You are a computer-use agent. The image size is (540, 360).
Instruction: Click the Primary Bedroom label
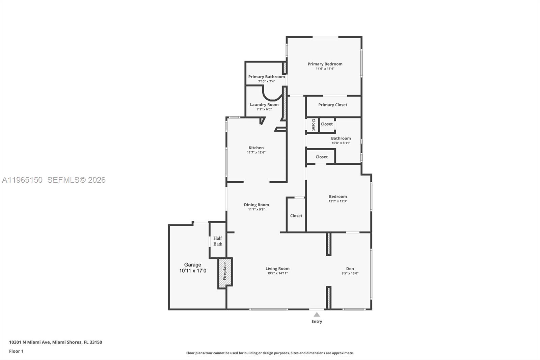(325, 64)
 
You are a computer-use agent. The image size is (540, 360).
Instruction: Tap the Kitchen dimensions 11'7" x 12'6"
(256, 152)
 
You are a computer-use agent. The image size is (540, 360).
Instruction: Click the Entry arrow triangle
(317, 314)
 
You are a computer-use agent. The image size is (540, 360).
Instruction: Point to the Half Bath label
(218, 241)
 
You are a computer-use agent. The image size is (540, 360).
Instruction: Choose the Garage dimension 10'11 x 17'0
(192, 271)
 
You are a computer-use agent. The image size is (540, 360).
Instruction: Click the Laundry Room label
(264, 104)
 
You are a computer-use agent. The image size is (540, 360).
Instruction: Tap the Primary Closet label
(332, 105)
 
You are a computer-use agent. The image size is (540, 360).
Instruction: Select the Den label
(350, 268)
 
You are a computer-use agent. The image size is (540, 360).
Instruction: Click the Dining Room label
(256, 205)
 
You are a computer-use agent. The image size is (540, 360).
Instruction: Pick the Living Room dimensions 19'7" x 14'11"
(277, 273)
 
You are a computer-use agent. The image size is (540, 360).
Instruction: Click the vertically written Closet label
(313, 125)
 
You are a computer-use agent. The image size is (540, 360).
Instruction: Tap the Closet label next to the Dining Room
(296, 216)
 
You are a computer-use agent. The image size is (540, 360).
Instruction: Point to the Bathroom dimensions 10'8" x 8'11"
(341, 143)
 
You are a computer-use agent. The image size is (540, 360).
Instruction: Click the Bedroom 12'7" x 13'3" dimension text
(338, 201)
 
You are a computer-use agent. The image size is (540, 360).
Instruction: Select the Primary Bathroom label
(266, 77)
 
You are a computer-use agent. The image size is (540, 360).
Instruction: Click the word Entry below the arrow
(317, 322)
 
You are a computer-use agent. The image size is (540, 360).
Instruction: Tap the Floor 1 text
(16, 351)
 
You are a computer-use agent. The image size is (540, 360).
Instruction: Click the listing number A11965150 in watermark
(22, 180)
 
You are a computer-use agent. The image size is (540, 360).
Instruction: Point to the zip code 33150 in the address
(96, 342)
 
